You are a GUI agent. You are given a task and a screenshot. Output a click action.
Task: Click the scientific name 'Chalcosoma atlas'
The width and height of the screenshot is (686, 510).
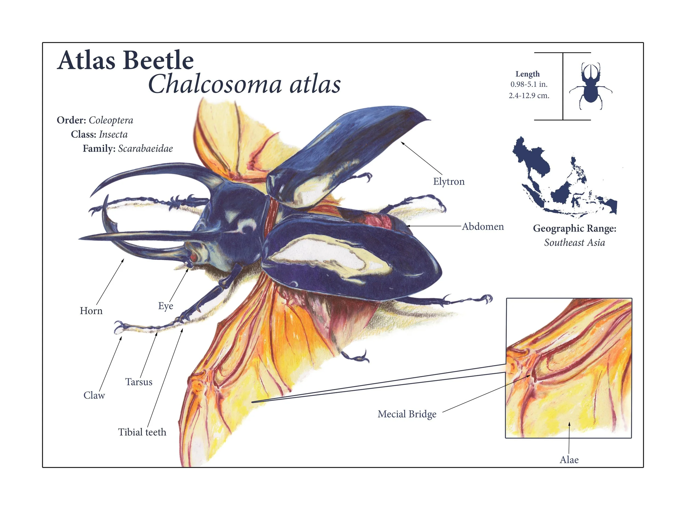[244, 84]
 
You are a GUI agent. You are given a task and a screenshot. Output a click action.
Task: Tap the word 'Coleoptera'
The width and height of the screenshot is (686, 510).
[111, 120]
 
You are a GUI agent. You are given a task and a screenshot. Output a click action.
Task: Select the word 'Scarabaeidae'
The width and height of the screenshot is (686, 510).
[145, 149]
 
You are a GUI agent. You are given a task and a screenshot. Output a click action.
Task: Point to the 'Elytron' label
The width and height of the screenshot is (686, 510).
[449, 182]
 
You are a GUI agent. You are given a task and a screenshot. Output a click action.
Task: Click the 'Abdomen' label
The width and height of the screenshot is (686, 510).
[483, 227]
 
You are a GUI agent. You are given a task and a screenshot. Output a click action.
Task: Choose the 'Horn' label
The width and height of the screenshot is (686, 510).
[91, 311]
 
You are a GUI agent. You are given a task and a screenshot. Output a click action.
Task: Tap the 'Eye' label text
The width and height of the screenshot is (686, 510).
[165, 306]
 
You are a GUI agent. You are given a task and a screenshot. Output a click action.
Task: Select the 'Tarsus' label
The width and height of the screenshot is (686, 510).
[139, 382]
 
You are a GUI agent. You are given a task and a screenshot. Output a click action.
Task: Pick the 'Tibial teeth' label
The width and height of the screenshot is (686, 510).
[142, 432]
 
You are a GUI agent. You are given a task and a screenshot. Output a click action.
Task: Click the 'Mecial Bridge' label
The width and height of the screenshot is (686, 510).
[407, 414]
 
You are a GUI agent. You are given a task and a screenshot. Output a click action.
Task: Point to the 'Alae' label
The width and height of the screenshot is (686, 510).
[569, 460]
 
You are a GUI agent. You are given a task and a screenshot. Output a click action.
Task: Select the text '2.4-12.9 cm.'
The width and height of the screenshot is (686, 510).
[529, 96]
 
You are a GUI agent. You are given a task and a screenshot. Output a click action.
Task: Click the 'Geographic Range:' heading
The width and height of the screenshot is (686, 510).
[575, 229]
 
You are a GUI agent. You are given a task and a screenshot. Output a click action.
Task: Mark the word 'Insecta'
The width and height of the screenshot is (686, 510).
[113, 135]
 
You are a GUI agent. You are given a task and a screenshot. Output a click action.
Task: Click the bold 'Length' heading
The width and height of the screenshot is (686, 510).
[528, 74]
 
